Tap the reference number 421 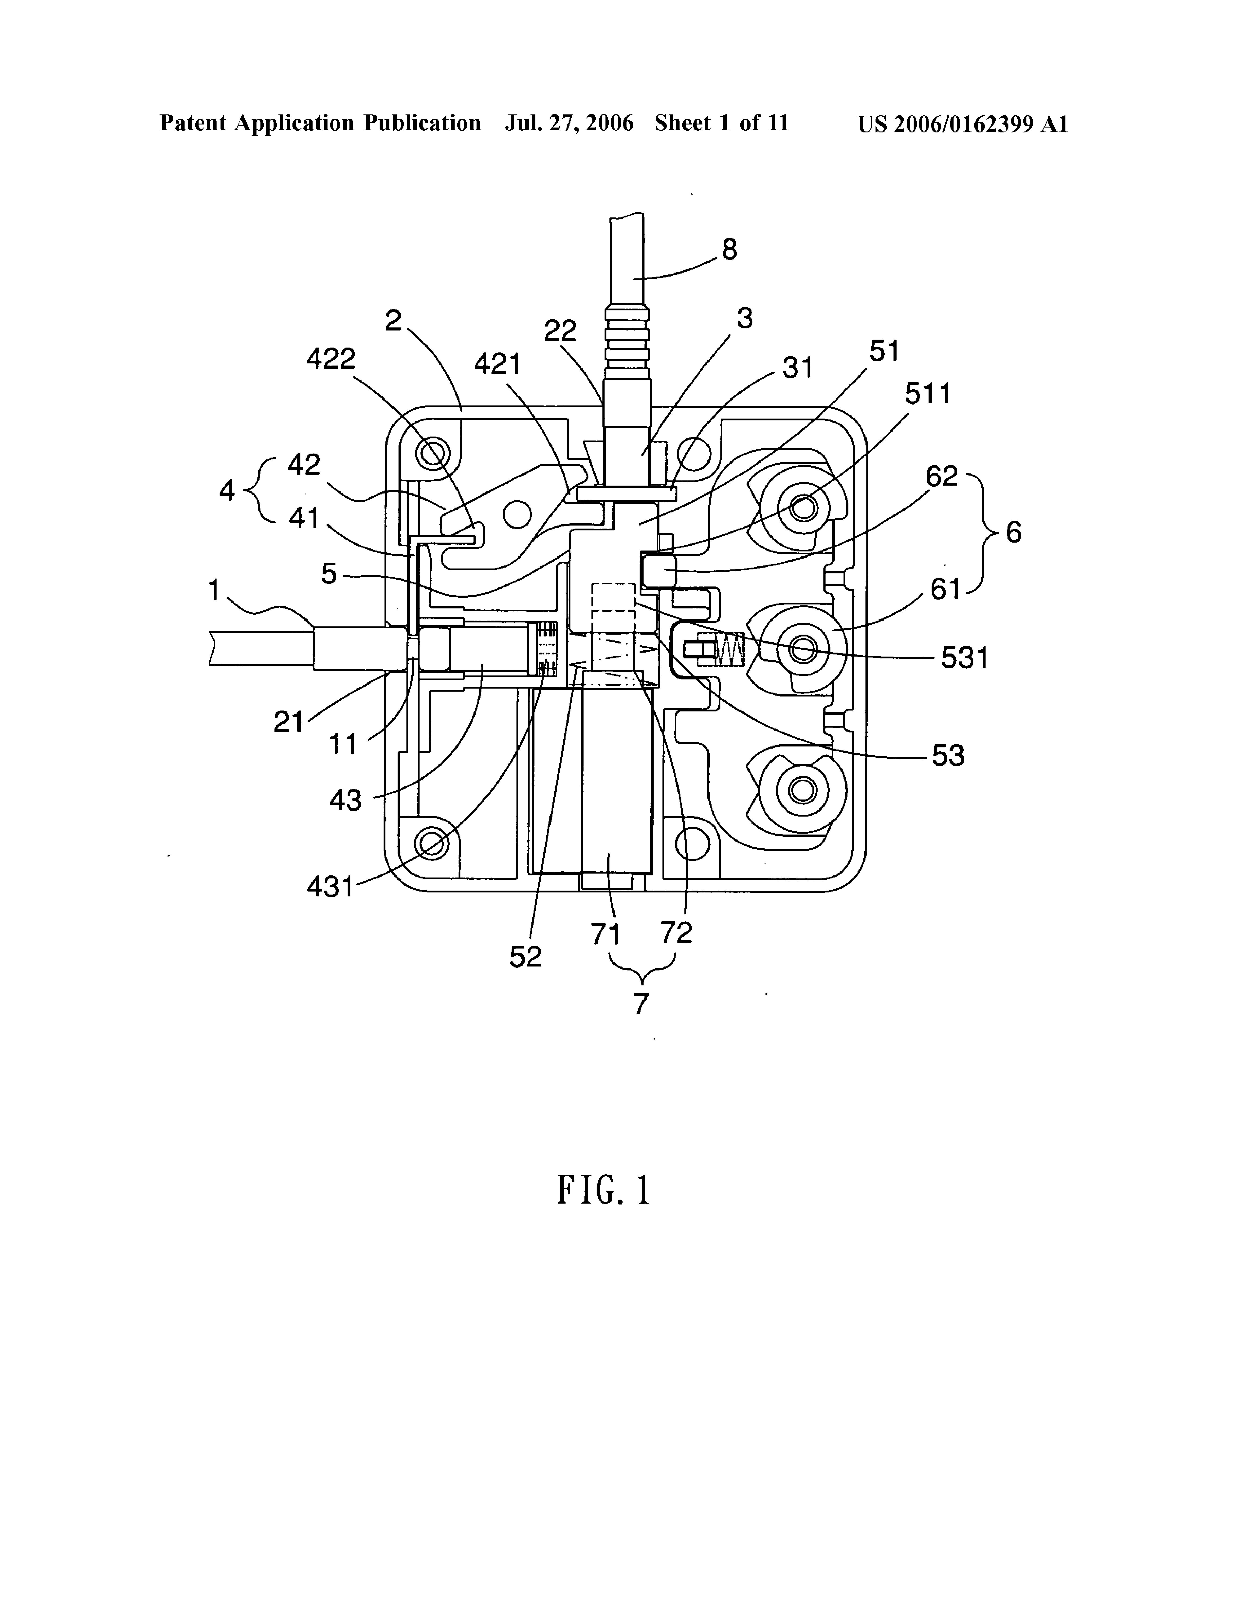497,364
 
